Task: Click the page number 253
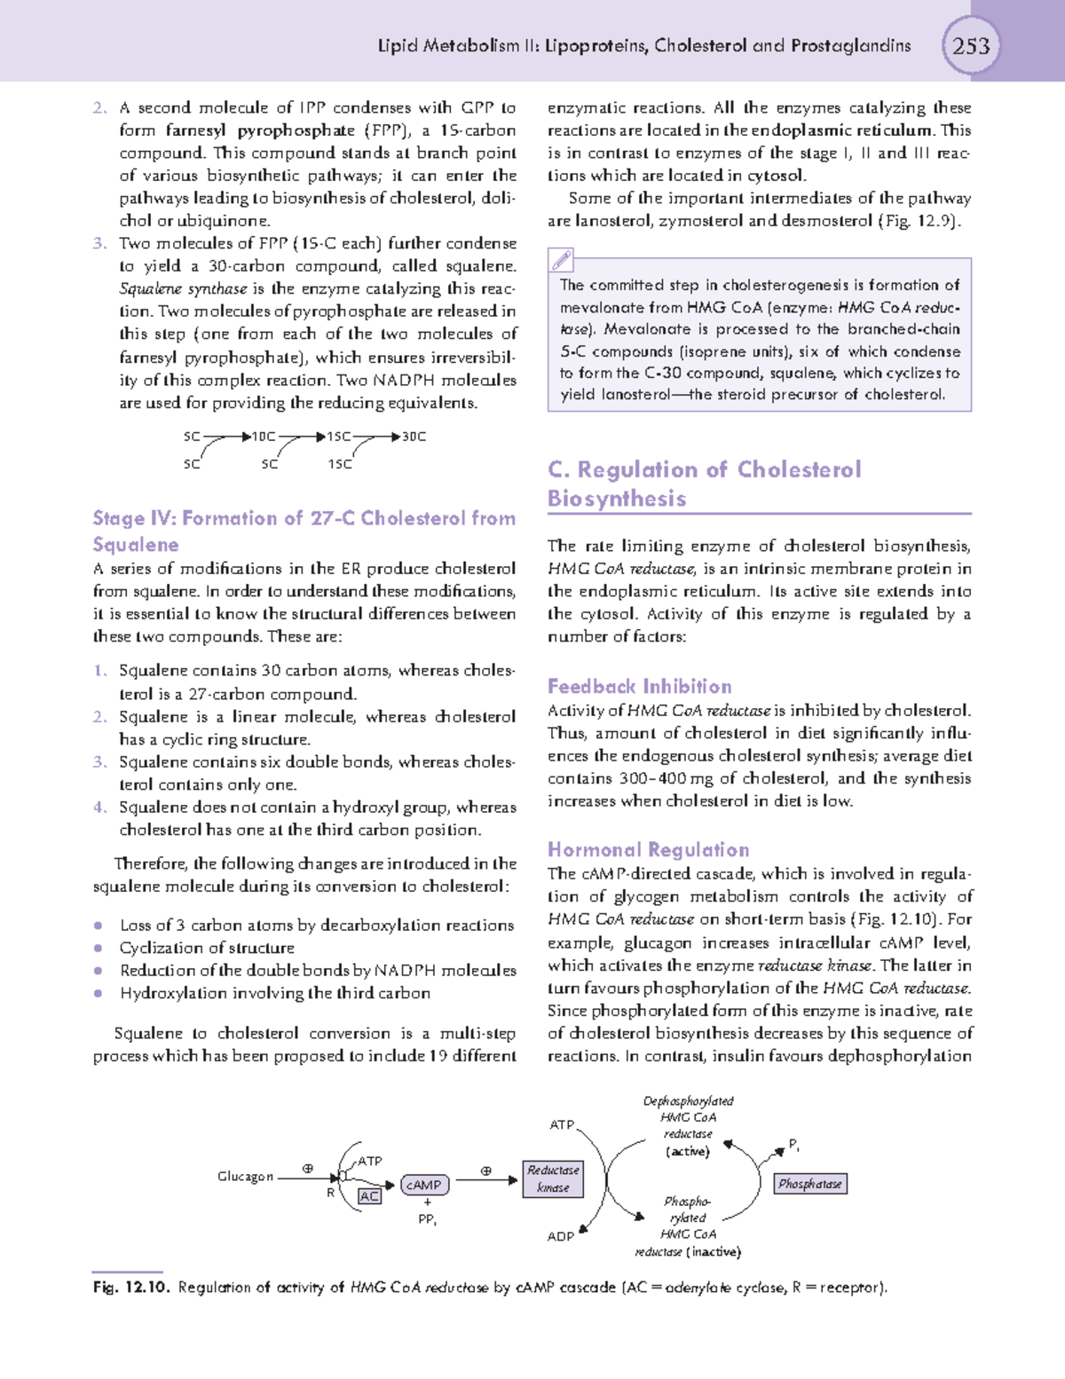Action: click(x=971, y=45)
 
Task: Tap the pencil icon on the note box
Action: click(x=562, y=260)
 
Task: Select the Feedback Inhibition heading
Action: click(x=639, y=686)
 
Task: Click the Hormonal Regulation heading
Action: click(x=648, y=849)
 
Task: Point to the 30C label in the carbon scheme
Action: click(x=414, y=437)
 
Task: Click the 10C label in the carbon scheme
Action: click(x=263, y=437)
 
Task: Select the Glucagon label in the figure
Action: click(x=245, y=1177)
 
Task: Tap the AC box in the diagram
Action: click(x=369, y=1196)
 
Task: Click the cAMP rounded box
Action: click(x=424, y=1185)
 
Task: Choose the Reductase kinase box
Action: click(x=553, y=1178)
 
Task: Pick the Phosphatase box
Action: click(x=809, y=1184)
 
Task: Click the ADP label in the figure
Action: click(x=560, y=1236)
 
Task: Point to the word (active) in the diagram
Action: click(x=687, y=1151)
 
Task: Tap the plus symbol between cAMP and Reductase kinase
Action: click(x=485, y=1170)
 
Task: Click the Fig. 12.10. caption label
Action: click(x=130, y=1288)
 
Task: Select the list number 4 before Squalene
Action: click(x=99, y=807)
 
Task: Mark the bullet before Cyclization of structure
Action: click(x=99, y=948)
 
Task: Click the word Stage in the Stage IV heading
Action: click(x=119, y=518)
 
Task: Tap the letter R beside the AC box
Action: click(x=330, y=1193)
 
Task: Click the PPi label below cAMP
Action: click(x=427, y=1219)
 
